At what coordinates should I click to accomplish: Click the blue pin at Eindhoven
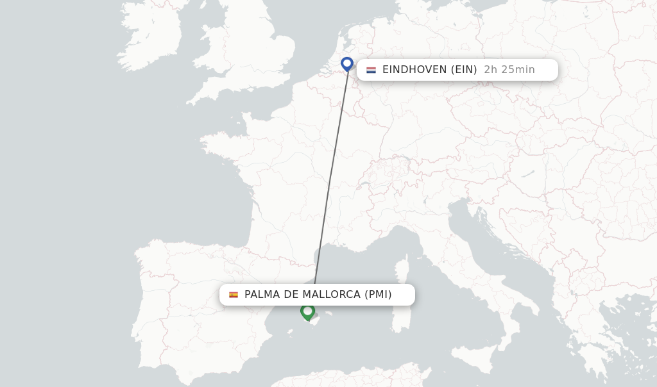[347, 63]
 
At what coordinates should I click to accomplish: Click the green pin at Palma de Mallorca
[307, 311]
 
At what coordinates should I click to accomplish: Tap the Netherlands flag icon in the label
[371, 70]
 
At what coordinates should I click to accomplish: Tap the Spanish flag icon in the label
[234, 295]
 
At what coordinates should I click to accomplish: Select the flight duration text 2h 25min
[509, 70]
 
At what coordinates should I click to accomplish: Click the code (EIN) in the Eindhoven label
[464, 70]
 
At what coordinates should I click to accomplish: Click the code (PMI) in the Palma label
[378, 295]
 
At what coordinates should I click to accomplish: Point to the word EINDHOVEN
[414, 70]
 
